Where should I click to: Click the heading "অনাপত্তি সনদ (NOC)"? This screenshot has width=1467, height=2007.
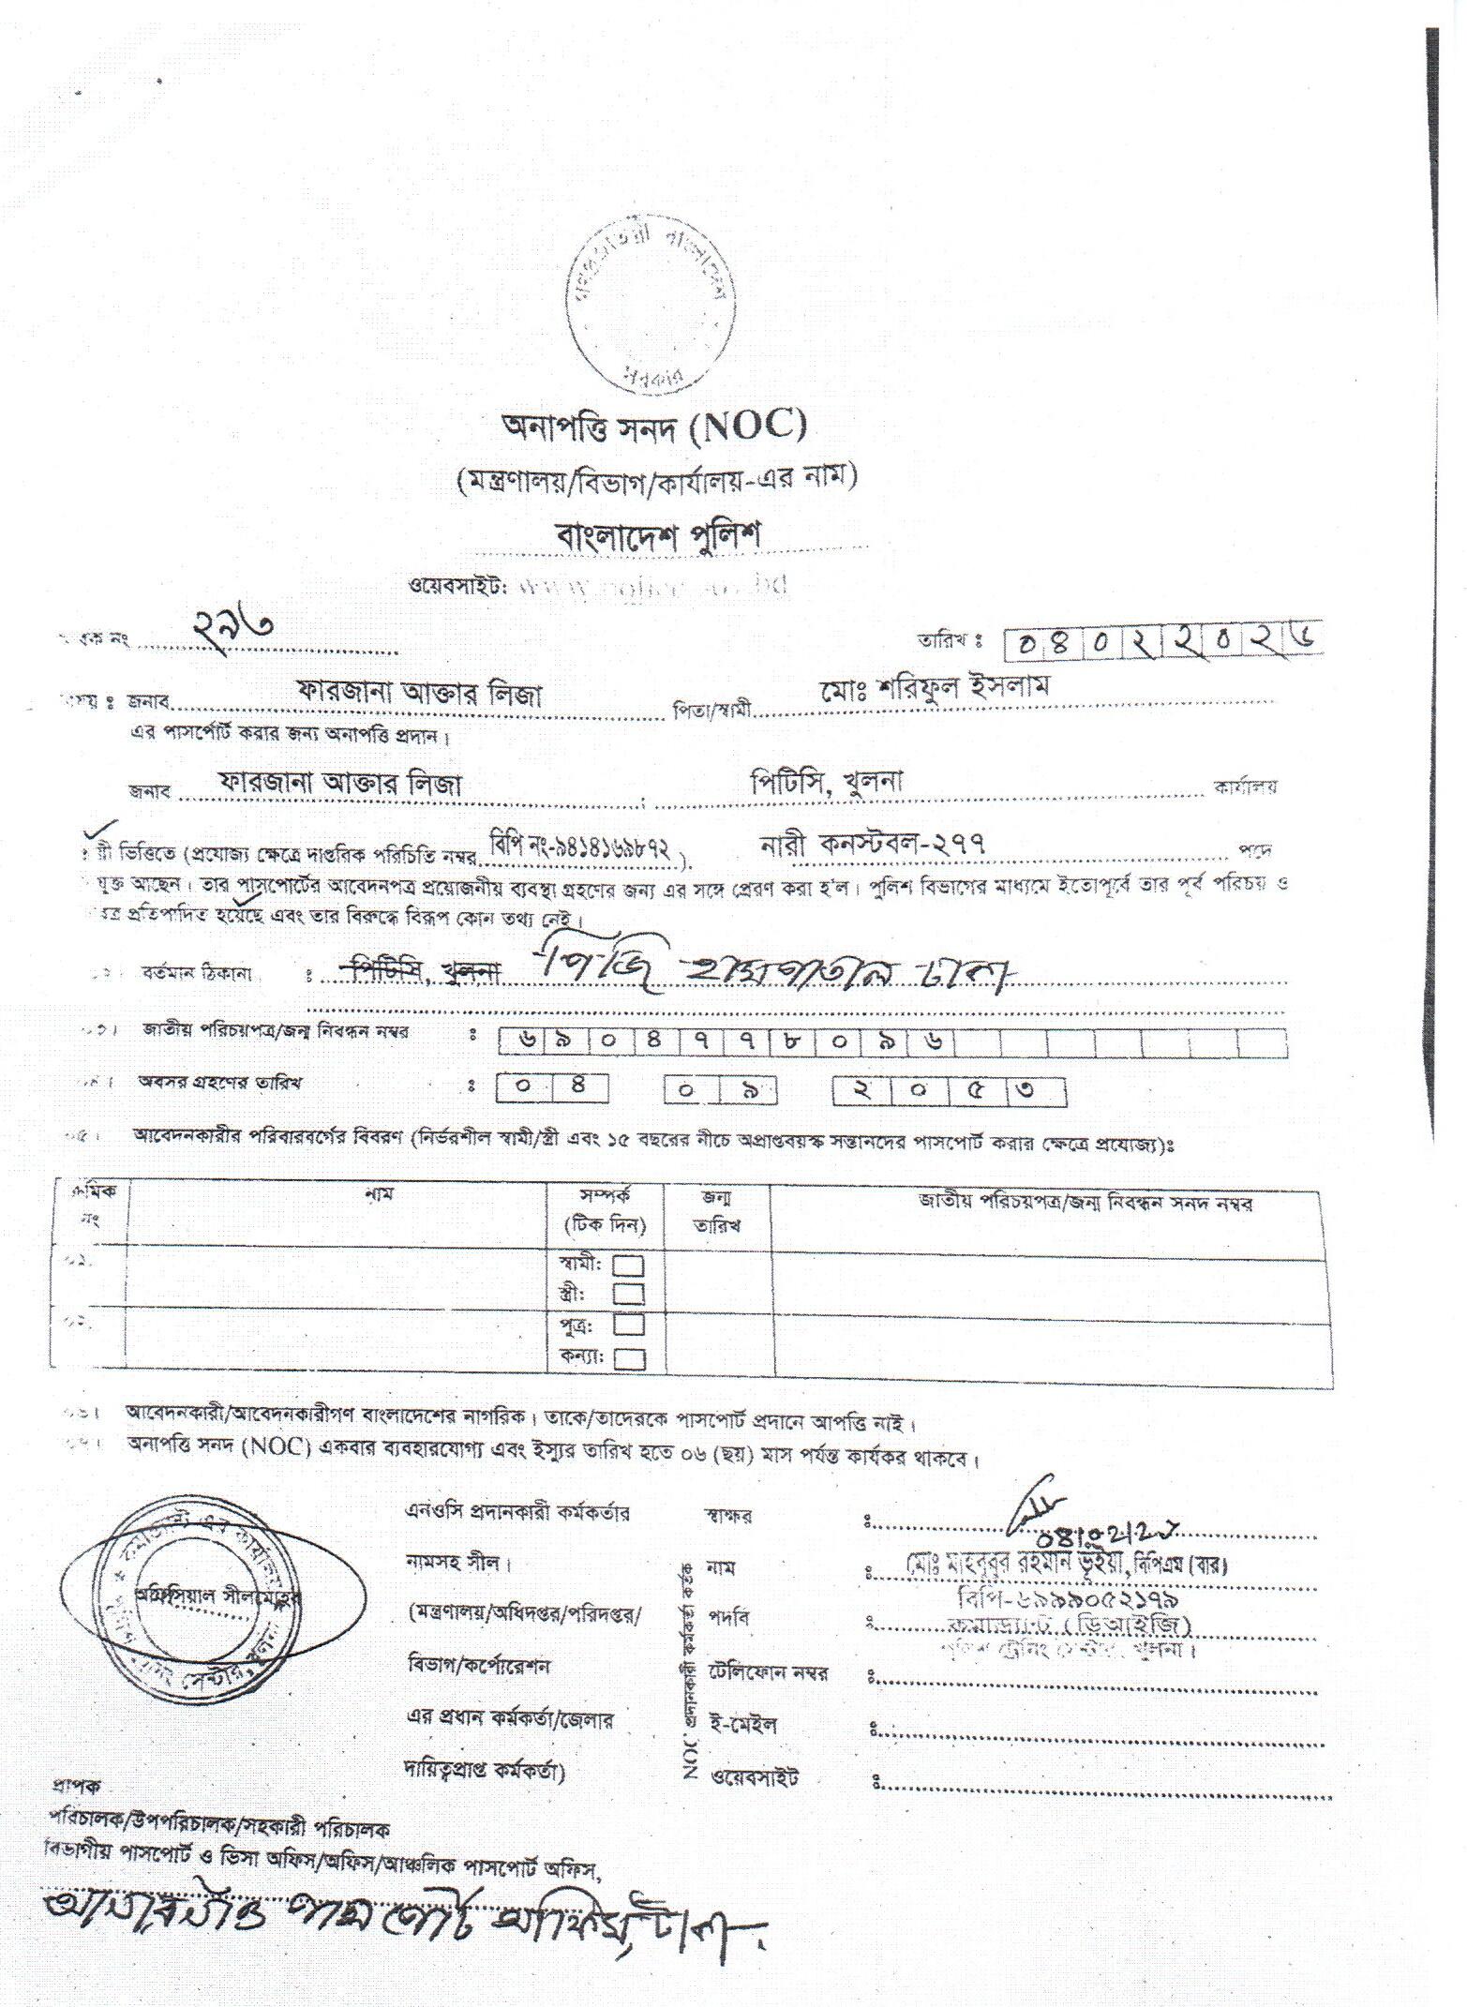[x=653, y=428]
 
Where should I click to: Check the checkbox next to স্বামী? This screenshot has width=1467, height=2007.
[x=628, y=1266]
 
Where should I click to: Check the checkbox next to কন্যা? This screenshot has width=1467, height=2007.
[x=628, y=1357]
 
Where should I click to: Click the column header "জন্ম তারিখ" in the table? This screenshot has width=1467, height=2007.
[x=717, y=1211]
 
